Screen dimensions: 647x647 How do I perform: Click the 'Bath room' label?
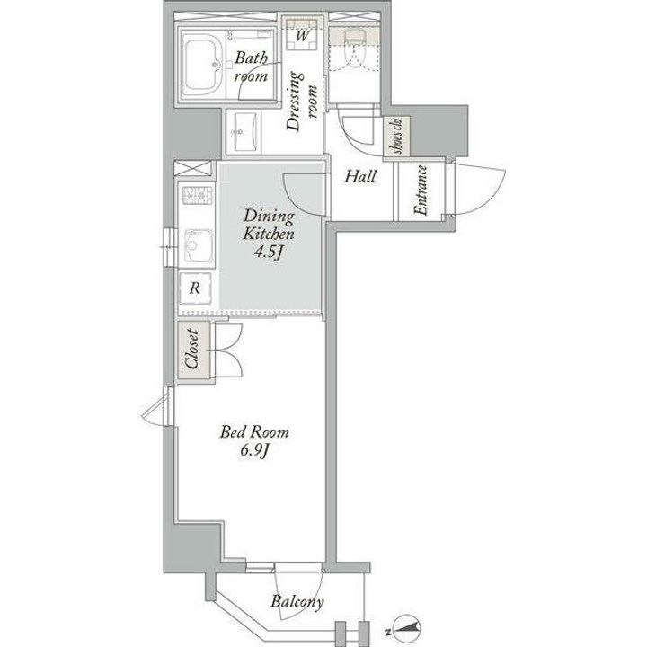pos(251,66)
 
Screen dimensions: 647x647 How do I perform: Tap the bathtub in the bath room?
pos(202,66)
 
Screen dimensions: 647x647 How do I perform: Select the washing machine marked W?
pos(302,34)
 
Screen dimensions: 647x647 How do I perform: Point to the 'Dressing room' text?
pos(301,101)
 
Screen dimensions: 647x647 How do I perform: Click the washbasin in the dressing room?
pos(244,131)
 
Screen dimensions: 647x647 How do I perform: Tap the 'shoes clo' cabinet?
pos(396,137)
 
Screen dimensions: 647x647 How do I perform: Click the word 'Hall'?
pos(360,177)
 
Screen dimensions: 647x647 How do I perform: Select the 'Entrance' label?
pos(420,191)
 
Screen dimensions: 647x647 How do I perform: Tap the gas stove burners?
pos(197,196)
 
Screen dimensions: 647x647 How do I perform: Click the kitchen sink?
pos(198,245)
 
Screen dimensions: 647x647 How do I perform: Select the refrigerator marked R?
pos(196,288)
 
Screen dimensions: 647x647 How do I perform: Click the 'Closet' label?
pos(192,349)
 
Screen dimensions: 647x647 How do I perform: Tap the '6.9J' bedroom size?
pos(254,451)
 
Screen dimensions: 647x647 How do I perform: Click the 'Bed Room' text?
pos(254,432)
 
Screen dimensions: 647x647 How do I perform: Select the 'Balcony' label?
pos(297,601)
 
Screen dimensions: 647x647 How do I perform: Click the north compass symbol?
pos(407,630)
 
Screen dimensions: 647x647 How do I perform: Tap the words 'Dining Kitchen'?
pos(268,225)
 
